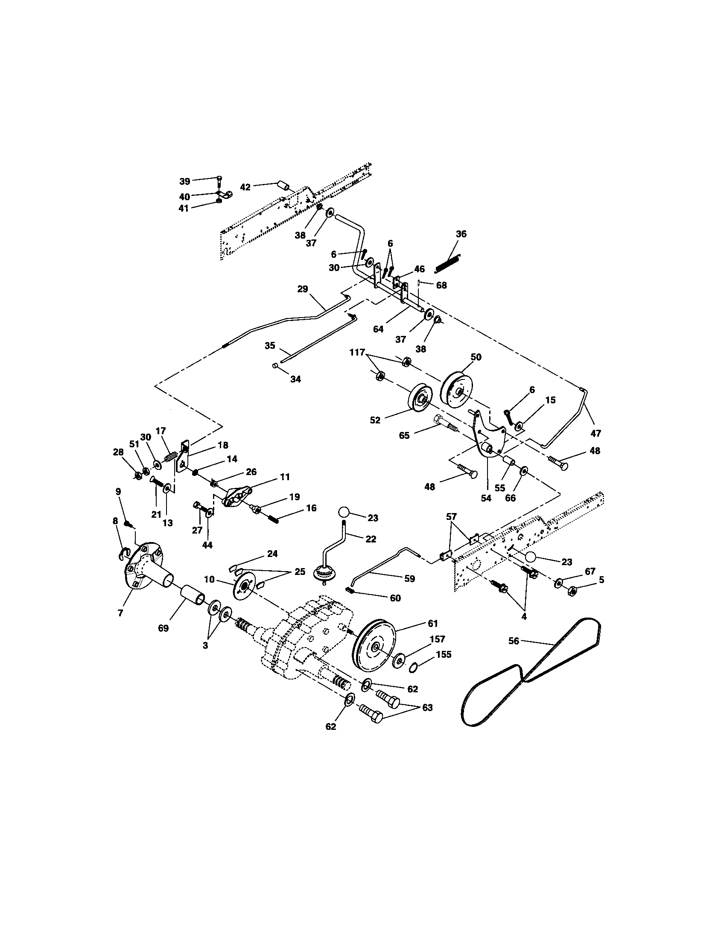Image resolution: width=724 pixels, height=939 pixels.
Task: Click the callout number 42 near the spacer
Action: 245,187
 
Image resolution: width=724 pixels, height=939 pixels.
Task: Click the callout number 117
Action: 356,353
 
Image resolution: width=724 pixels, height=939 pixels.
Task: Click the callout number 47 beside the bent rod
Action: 596,433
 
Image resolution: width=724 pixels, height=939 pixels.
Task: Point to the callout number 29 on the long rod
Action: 303,289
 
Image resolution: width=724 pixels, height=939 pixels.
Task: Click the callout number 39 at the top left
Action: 184,181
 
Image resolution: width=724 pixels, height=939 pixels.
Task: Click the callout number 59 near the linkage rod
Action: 409,579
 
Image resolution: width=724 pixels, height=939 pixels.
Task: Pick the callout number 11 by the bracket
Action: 285,477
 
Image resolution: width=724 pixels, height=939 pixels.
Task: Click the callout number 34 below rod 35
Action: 295,379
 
